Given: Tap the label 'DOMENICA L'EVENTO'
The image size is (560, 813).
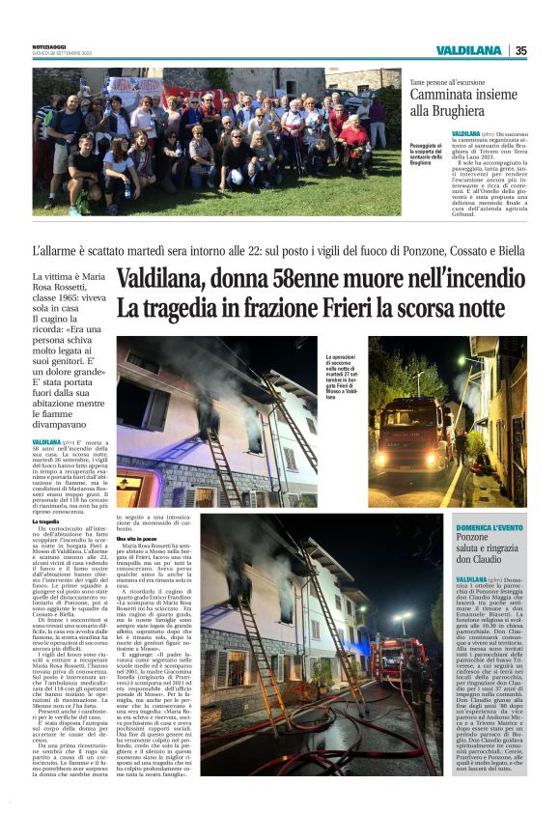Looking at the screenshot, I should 490,527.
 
